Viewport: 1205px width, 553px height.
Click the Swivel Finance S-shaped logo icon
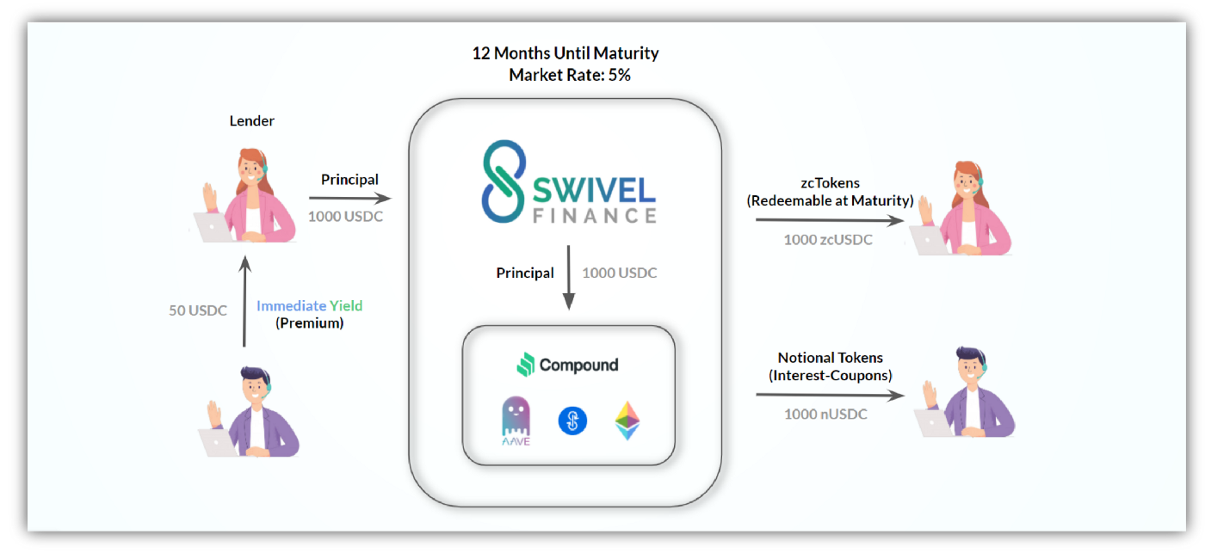[503, 181]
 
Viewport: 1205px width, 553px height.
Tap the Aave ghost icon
[516, 421]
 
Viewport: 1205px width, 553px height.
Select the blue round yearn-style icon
[572, 421]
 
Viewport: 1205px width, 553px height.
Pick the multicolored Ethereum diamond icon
[627, 421]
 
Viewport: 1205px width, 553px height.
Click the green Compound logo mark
[526, 365]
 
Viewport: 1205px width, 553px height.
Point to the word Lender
[251, 121]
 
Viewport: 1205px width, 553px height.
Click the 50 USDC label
[198, 310]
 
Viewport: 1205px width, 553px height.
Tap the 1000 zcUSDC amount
[828, 240]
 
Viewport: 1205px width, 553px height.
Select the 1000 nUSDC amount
[825, 414]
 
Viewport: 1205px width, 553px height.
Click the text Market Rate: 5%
[570, 75]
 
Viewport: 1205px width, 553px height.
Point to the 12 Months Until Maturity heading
[565, 53]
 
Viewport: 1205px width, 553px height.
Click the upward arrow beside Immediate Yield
[244, 302]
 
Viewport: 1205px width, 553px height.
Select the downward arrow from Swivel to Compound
[569, 278]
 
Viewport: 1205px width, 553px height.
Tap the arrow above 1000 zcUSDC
[830, 220]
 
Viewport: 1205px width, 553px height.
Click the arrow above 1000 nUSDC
[830, 395]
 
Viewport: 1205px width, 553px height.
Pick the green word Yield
[346, 306]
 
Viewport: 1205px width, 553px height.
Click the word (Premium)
[309, 323]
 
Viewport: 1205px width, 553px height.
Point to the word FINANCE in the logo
[595, 216]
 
